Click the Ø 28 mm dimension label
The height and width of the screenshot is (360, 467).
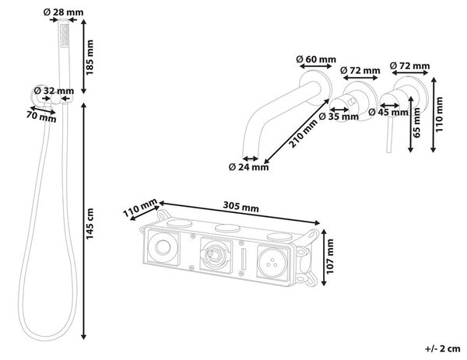click(64, 12)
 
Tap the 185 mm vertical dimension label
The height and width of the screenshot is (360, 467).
click(89, 57)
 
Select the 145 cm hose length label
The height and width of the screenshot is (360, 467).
click(90, 223)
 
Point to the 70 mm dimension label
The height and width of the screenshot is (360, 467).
click(41, 117)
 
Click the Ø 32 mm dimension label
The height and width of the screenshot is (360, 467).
click(54, 90)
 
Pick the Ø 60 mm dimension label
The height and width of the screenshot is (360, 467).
click(316, 59)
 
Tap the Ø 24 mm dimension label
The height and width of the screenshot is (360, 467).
click(249, 167)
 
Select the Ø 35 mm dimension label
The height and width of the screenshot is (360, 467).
click(339, 117)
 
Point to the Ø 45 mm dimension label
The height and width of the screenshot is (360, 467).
click(388, 112)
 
